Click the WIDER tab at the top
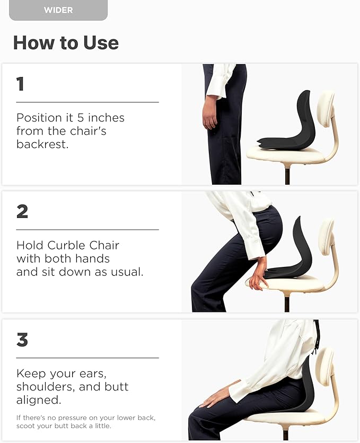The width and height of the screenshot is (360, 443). click(58, 10)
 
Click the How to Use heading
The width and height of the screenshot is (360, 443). click(66, 42)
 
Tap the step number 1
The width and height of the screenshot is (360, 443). click(20, 84)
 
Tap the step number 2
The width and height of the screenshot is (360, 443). click(22, 211)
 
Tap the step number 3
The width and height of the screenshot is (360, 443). click(22, 340)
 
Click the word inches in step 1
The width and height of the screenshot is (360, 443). click(105, 118)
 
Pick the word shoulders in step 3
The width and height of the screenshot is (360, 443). click(45, 387)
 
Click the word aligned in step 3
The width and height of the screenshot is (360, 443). click(37, 399)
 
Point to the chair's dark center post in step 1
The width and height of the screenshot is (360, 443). click(287, 175)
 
